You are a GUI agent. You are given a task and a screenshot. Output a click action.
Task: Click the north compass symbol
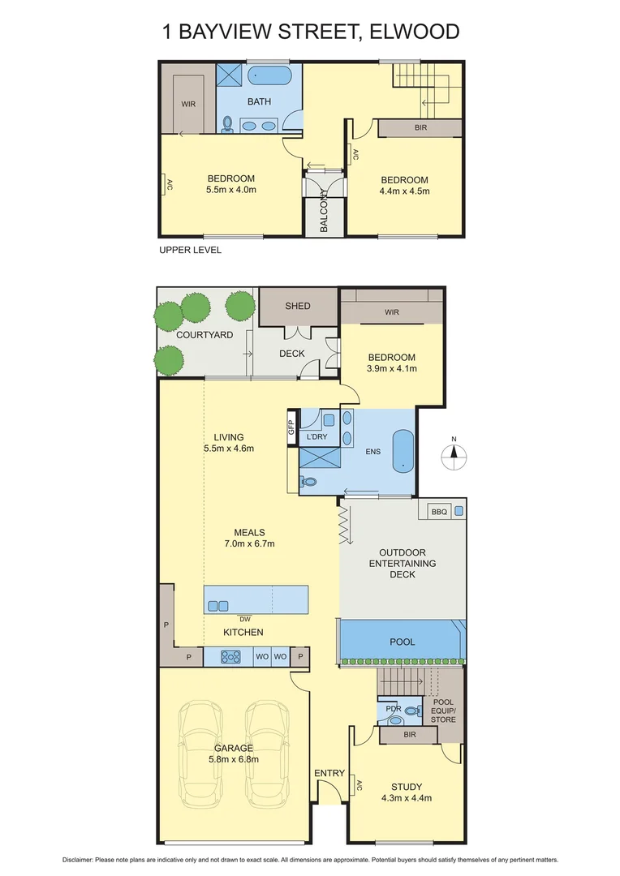(x=454, y=457)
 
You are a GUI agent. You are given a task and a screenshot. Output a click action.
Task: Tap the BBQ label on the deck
(x=439, y=512)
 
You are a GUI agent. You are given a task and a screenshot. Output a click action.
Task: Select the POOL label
(x=403, y=642)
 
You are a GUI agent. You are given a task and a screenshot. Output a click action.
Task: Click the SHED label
(x=297, y=306)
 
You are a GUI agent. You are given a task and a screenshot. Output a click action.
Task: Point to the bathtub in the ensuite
(x=403, y=451)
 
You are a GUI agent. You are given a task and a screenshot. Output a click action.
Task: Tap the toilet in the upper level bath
(x=229, y=124)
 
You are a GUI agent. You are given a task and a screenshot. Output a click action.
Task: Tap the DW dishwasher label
(x=244, y=619)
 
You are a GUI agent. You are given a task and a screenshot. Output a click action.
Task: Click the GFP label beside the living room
(x=291, y=426)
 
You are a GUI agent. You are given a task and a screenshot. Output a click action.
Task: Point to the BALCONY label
(x=324, y=212)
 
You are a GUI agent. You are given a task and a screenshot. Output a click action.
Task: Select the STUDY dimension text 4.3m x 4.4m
(x=406, y=797)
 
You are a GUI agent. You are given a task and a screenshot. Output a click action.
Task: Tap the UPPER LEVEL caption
(x=190, y=250)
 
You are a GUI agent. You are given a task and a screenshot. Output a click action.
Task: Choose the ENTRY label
(x=329, y=773)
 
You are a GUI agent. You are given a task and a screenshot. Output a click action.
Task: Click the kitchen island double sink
(x=218, y=605)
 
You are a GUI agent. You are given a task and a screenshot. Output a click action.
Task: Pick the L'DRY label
(x=315, y=437)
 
